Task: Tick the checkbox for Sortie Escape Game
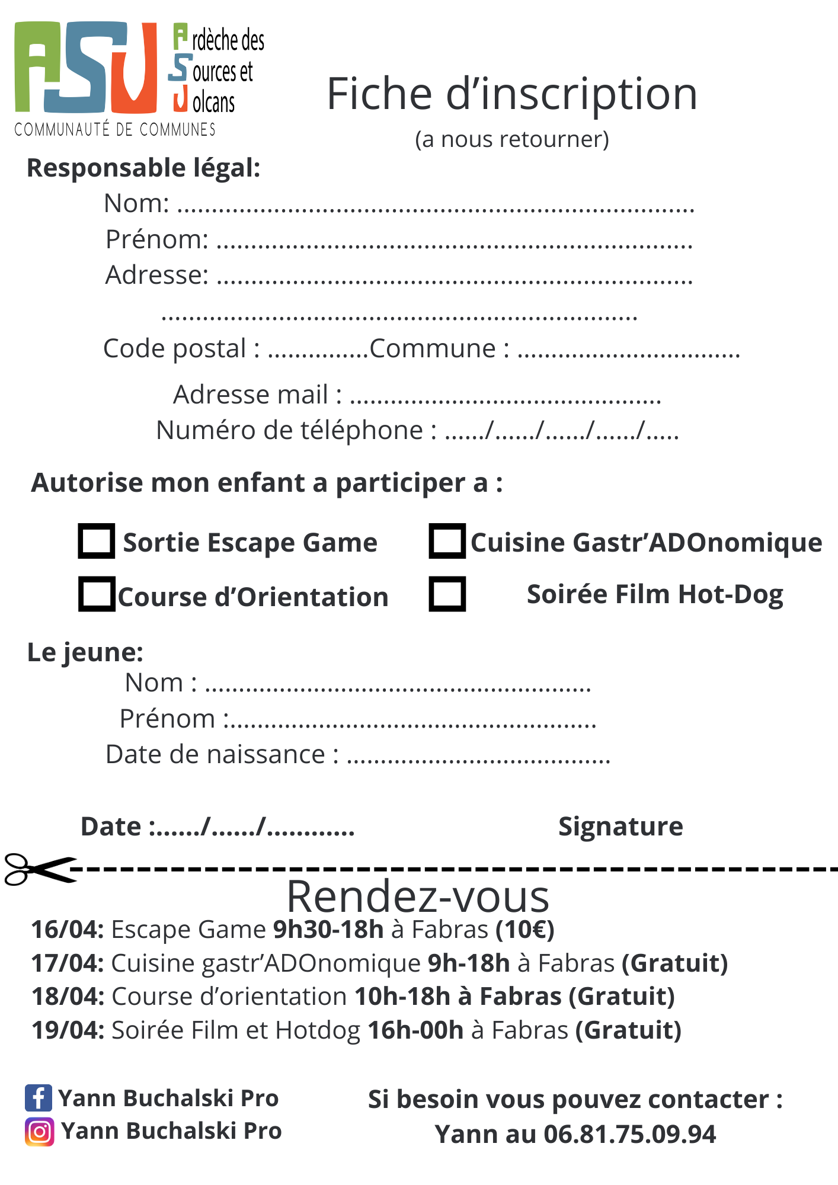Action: tap(96, 541)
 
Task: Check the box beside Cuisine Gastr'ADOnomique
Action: tap(447, 541)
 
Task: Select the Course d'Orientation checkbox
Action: tap(97, 594)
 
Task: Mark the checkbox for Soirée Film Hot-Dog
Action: tap(447, 594)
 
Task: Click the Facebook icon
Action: tap(39, 1098)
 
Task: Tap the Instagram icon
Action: tap(39, 1132)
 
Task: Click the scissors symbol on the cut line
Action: tap(39, 869)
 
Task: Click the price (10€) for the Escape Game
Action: tap(525, 930)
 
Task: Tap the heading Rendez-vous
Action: tap(418, 897)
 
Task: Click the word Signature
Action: tap(620, 826)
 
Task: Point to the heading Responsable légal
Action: tap(143, 168)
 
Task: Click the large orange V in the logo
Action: tap(135, 68)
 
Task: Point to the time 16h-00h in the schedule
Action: tap(415, 1030)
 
